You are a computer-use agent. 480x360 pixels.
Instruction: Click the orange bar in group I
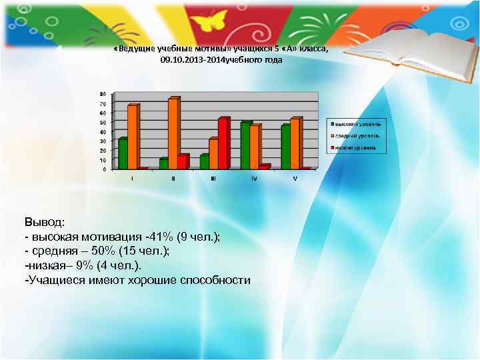click(132, 137)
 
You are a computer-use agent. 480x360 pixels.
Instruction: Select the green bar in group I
click(122, 153)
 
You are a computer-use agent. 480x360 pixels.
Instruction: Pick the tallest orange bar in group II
click(173, 133)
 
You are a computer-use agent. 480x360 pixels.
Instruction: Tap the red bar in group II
click(183, 162)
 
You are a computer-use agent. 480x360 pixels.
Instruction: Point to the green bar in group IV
click(245, 145)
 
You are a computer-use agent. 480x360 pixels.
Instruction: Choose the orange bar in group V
click(295, 143)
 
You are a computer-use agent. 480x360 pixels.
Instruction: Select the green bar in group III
click(204, 161)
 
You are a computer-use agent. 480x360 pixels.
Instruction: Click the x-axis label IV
click(254, 178)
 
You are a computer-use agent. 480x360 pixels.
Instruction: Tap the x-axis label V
click(295, 178)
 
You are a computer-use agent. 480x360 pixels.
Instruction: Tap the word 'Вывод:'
click(45, 221)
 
